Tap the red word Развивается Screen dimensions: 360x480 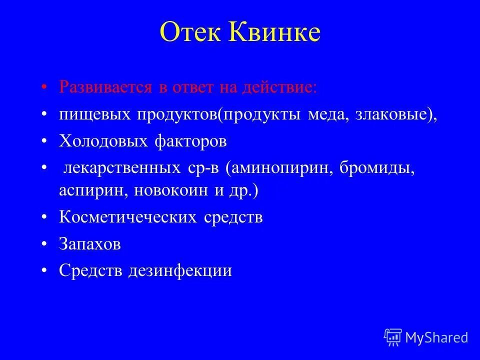pyautogui.click(x=105, y=87)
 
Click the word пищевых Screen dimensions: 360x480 pyautogui.click(x=92, y=114)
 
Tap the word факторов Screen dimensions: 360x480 pyautogui.click(x=189, y=141)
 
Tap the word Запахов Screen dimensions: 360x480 pyautogui.click(x=90, y=244)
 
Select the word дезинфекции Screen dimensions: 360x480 pyautogui.click(x=180, y=271)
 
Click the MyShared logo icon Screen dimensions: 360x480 pyautogui.click(x=393, y=337)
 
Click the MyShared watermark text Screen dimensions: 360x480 pyautogui.click(x=436, y=337)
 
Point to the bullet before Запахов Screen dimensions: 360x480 pyautogui.click(x=45, y=244)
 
